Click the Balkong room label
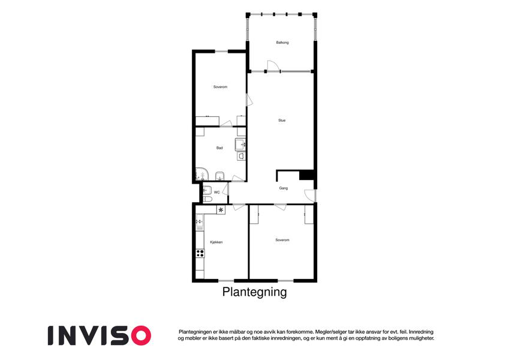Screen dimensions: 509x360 point(282,43)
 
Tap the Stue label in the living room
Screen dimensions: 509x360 point(282,121)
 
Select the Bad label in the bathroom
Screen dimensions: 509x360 point(219,148)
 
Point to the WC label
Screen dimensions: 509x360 point(217,193)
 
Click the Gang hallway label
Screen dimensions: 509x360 point(284,188)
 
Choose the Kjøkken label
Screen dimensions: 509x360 point(216,242)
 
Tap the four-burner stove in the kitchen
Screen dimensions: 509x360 point(200,253)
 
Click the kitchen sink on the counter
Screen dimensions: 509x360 point(199,223)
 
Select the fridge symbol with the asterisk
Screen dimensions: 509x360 point(221,210)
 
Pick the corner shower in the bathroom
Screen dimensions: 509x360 point(202,174)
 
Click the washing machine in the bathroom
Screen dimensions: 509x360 point(241,156)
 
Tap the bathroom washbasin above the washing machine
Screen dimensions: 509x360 point(240,144)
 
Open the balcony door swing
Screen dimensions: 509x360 point(273,65)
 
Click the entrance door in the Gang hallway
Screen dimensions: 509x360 point(310,195)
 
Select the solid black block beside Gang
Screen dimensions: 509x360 point(306,175)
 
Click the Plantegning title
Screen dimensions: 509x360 point(254,292)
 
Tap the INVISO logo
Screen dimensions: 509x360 point(100,335)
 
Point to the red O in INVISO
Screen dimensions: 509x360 point(141,335)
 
